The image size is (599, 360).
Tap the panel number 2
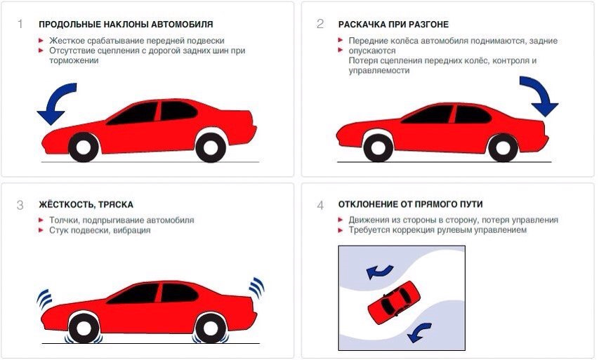(x=320, y=25)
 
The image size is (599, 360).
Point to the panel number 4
(x=320, y=205)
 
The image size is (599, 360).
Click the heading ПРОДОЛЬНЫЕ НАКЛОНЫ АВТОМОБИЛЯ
(x=115, y=25)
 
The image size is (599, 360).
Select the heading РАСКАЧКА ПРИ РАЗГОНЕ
(x=393, y=25)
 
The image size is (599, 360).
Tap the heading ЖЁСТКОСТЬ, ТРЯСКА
(x=86, y=205)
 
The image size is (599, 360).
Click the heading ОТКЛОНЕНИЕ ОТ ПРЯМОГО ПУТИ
(x=410, y=205)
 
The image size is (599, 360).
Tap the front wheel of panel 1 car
(x=84, y=147)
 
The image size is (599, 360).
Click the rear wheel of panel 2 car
(x=503, y=147)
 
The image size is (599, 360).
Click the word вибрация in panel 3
(x=131, y=230)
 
